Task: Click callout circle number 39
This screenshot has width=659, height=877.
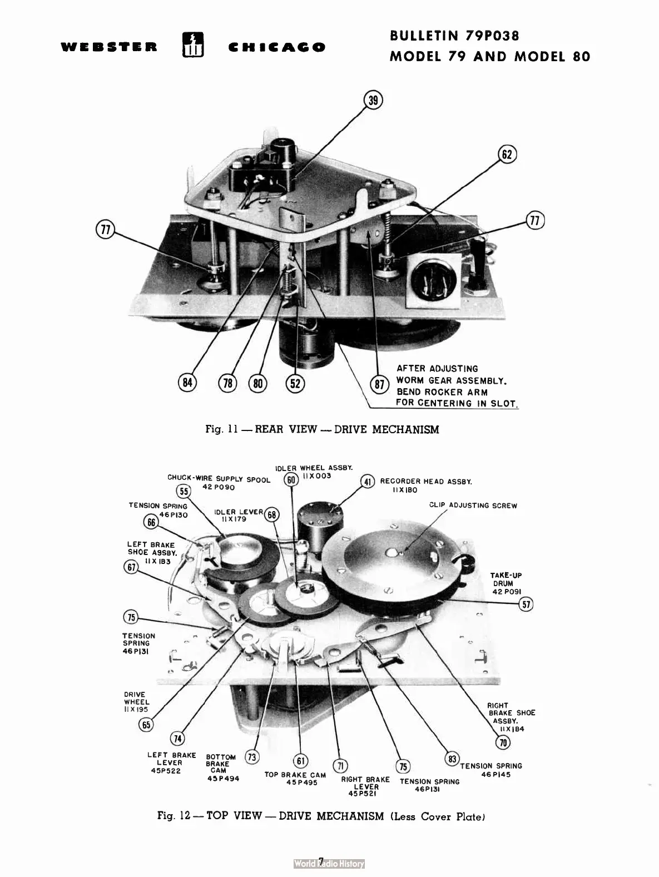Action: (373, 101)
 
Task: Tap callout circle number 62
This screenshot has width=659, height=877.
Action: (507, 154)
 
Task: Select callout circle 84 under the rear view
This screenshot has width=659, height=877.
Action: (187, 383)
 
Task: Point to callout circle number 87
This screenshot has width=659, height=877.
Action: (379, 385)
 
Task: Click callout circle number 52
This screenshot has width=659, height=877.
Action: (295, 383)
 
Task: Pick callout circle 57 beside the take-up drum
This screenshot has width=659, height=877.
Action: (526, 604)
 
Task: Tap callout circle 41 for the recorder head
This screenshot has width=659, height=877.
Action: (368, 482)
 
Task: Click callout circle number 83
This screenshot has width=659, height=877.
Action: (452, 759)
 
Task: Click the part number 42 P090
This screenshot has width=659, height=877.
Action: (219, 487)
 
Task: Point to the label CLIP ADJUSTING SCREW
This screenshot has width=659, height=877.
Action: (473, 506)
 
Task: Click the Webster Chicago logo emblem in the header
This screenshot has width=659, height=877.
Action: (193, 46)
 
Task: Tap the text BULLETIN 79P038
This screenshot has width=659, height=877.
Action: (454, 36)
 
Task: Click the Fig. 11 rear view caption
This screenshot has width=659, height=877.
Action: (322, 429)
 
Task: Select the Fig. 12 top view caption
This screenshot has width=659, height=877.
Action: (321, 816)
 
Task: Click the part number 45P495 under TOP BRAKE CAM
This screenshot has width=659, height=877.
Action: (301, 782)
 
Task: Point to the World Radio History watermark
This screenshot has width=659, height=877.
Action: (329, 864)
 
